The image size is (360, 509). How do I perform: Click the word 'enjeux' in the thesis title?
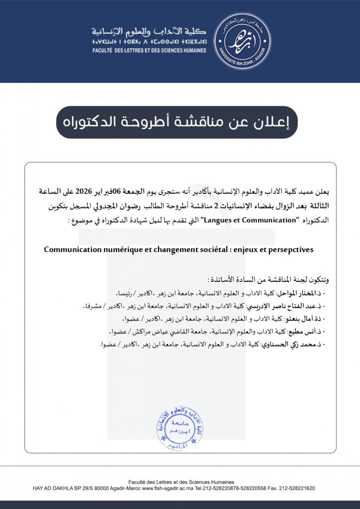(247, 250)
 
